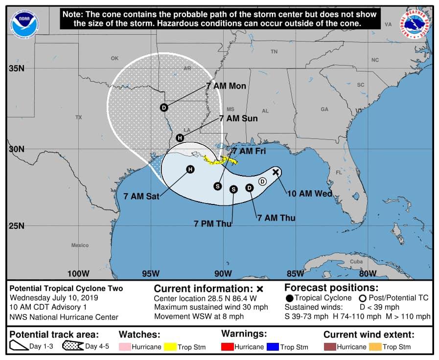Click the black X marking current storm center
click(x=276, y=172)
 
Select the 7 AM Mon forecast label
click(x=226, y=86)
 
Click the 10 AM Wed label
click(x=309, y=194)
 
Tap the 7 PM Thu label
click(x=212, y=224)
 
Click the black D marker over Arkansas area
click(x=164, y=108)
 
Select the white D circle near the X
click(x=262, y=181)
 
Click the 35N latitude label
click(x=16, y=68)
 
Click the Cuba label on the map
click(x=356, y=262)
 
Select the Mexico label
click(x=80, y=245)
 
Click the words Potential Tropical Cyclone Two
click(x=66, y=289)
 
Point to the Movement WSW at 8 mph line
click(x=199, y=316)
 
